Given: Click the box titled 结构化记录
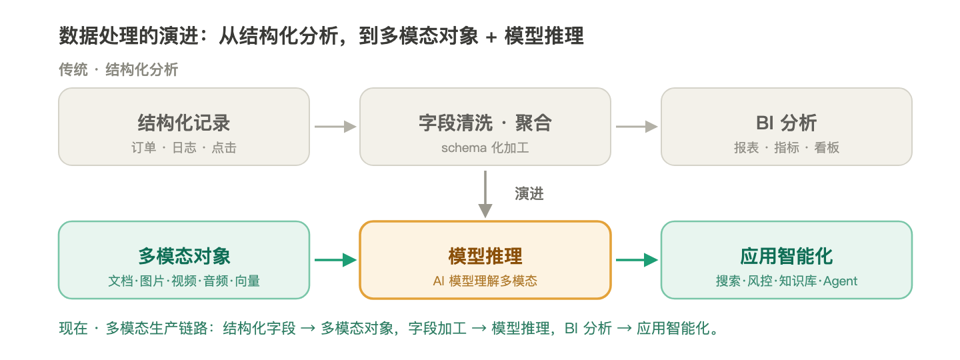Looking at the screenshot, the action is pyautogui.click(x=184, y=127).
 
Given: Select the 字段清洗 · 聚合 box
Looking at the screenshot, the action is pyautogui.click(x=485, y=127).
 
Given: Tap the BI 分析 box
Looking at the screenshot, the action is pyautogui.click(x=787, y=127).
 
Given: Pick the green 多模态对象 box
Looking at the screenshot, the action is pyautogui.click(x=184, y=260).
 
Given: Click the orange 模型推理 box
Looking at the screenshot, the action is pyautogui.click(x=485, y=260).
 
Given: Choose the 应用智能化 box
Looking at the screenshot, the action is pyautogui.click(x=787, y=260).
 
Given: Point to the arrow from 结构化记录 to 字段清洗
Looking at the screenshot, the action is pyautogui.click(x=335, y=127).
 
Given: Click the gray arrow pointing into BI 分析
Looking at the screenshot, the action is pyautogui.click(x=637, y=127).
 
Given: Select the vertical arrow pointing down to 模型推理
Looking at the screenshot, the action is pyautogui.click(x=485, y=194).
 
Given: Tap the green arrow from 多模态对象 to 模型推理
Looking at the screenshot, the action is pyautogui.click(x=335, y=260).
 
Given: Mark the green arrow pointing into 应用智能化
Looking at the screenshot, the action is pyautogui.click(x=637, y=260).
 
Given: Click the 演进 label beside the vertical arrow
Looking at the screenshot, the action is pyautogui.click(x=529, y=194).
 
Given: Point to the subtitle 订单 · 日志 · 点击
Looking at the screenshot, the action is pyautogui.click(x=184, y=148).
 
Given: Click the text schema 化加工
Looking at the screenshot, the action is pyautogui.click(x=485, y=148).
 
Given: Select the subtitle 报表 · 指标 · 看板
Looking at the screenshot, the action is pyautogui.click(x=787, y=148).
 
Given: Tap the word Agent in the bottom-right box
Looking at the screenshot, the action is pyautogui.click(x=840, y=281).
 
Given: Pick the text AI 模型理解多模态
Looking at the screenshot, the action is pyautogui.click(x=485, y=281).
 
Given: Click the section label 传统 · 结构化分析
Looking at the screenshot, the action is pyautogui.click(x=118, y=69).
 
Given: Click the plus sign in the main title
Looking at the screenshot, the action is pyautogui.click(x=491, y=37).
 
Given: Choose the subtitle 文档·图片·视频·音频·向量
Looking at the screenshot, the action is pyautogui.click(x=184, y=281).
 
